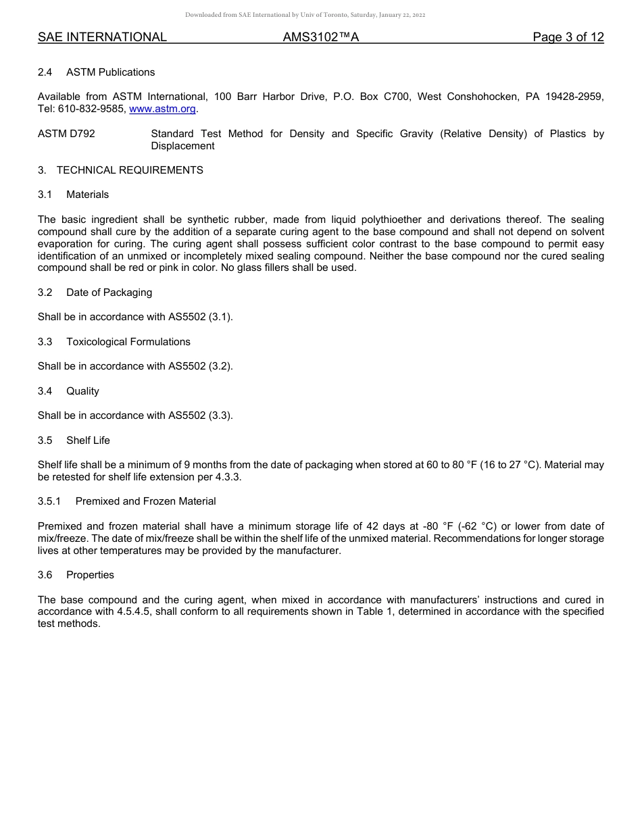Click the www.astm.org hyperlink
(x=162, y=109)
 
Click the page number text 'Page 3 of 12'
(x=568, y=37)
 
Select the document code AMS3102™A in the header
(x=320, y=37)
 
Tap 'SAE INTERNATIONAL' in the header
(x=102, y=37)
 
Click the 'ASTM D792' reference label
(x=66, y=134)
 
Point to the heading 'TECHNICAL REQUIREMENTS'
(x=130, y=170)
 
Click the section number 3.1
(x=45, y=195)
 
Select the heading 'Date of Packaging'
(x=109, y=293)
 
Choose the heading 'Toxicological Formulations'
(x=128, y=342)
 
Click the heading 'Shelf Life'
(x=88, y=440)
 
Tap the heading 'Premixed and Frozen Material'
(x=145, y=501)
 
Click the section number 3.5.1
(x=49, y=501)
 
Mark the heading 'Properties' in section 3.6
(x=90, y=575)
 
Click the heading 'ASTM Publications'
(x=110, y=72)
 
